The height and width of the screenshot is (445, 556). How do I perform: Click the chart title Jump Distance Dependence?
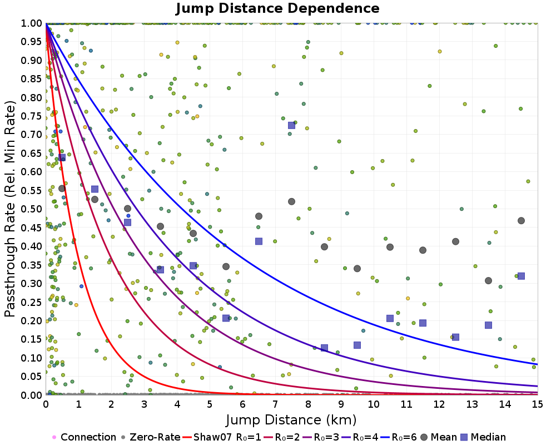pyautogui.click(x=277, y=8)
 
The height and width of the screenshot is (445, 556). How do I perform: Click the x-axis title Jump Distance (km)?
pyautogui.click(x=291, y=419)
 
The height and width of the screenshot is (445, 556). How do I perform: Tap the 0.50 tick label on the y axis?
pyautogui.click(x=31, y=209)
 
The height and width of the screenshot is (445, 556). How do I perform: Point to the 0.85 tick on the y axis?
pyautogui.click(x=31, y=79)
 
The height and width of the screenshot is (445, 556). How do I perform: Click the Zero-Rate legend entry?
pyautogui.click(x=151, y=437)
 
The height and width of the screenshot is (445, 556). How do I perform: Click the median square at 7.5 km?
pyautogui.click(x=291, y=125)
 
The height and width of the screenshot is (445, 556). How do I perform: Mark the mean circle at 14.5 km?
pyautogui.click(x=521, y=220)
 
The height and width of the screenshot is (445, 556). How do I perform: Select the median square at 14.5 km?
pyautogui.click(x=521, y=276)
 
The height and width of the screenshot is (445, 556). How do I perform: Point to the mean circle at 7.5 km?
pyautogui.click(x=291, y=201)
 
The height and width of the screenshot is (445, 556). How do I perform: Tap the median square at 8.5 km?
pyautogui.click(x=324, y=348)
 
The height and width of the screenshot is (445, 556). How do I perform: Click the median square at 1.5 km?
pyautogui.click(x=95, y=189)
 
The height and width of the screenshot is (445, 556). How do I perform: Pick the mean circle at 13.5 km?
pyautogui.click(x=488, y=280)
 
